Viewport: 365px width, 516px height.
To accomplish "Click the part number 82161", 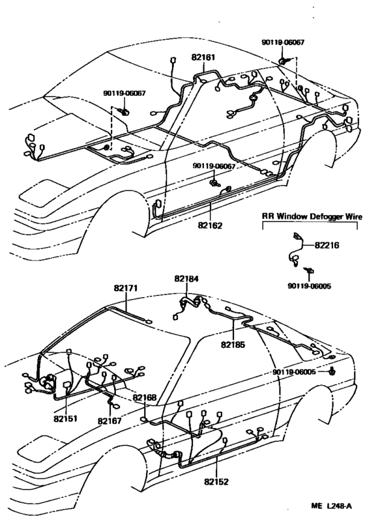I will click(203, 57).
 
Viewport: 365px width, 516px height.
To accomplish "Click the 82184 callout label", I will click(187, 279).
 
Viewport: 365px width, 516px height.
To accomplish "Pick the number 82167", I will click(109, 422).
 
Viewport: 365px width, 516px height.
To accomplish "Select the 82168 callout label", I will click(144, 397).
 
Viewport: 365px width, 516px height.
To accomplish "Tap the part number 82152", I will click(217, 483).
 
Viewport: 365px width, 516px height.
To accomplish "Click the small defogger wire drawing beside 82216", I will click(297, 248).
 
